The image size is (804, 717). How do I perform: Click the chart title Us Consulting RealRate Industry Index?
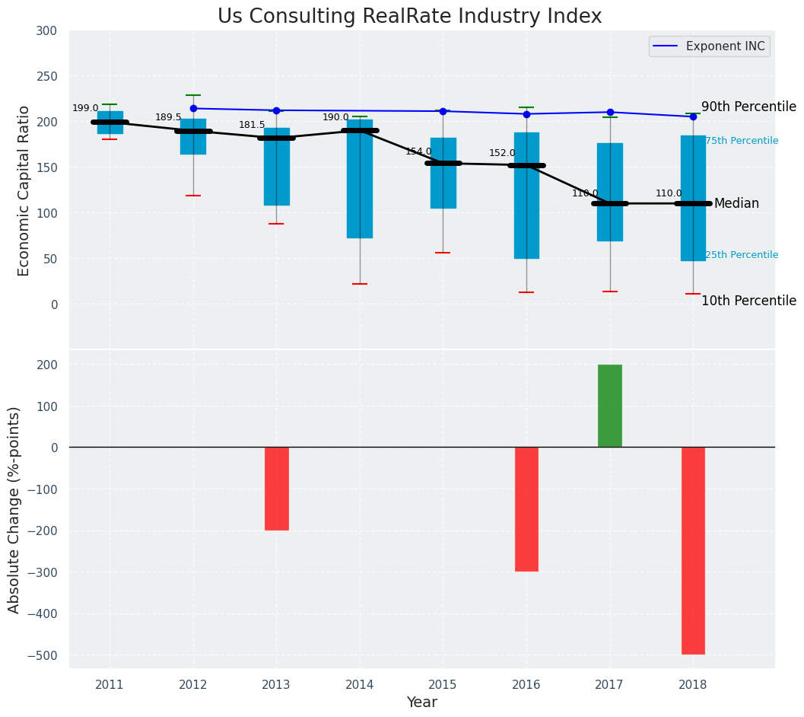click(x=409, y=17)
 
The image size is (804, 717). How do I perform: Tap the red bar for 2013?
click(x=276, y=489)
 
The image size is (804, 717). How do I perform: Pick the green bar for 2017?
click(x=609, y=406)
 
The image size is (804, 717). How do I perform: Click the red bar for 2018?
click(x=693, y=550)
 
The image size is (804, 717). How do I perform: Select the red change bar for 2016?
click(x=526, y=509)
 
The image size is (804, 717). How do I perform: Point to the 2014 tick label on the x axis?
click(x=360, y=685)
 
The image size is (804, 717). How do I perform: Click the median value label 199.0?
click(x=85, y=109)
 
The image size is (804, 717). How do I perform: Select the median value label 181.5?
click(x=252, y=126)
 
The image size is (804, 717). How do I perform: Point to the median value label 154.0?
click(x=418, y=152)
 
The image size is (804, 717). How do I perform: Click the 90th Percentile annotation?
click(x=748, y=107)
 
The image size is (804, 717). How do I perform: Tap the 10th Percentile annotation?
click(x=748, y=301)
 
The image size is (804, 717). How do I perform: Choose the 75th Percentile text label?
click(x=742, y=142)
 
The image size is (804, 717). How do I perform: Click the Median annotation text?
click(x=736, y=204)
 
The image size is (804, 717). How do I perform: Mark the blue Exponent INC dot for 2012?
click(x=193, y=109)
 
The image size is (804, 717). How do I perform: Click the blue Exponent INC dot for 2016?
click(x=526, y=114)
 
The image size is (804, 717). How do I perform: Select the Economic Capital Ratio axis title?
click(x=24, y=190)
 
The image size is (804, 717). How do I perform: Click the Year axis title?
click(x=421, y=703)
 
